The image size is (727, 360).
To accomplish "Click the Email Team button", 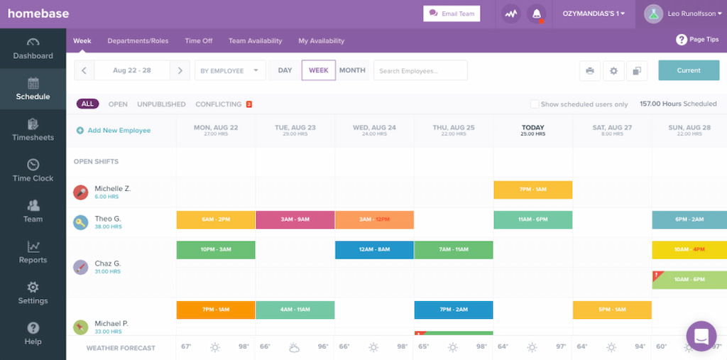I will tap(452, 13).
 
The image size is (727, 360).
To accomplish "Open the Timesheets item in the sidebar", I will tap(33, 130).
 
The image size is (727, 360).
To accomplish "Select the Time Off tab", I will tap(198, 41).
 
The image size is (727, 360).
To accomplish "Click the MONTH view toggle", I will tap(352, 70).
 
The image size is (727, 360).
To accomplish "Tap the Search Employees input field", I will tap(421, 71).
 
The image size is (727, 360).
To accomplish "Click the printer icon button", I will tap(589, 71).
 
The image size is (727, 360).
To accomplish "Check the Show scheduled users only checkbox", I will tap(535, 104).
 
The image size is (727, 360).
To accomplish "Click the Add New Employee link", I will tap(114, 131).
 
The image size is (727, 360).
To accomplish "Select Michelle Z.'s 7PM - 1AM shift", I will tap(532, 190).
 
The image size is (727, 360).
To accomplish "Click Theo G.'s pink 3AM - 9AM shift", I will tap(295, 219).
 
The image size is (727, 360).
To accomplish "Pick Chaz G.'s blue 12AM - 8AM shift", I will tap(374, 250).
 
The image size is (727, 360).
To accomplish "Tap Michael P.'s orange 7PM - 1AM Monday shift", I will tap(215, 310).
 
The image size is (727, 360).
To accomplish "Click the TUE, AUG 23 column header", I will tap(295, 130).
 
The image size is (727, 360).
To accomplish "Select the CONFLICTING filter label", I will tap(219, 104).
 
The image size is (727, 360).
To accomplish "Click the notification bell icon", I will tap(537, 13).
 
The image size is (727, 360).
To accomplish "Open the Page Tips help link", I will tap(697, 40).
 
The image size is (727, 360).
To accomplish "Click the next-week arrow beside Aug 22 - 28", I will tap(180, 71).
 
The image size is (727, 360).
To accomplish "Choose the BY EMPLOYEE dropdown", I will tap(229, 71).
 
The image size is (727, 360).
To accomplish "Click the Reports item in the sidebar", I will tap(33, 252).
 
